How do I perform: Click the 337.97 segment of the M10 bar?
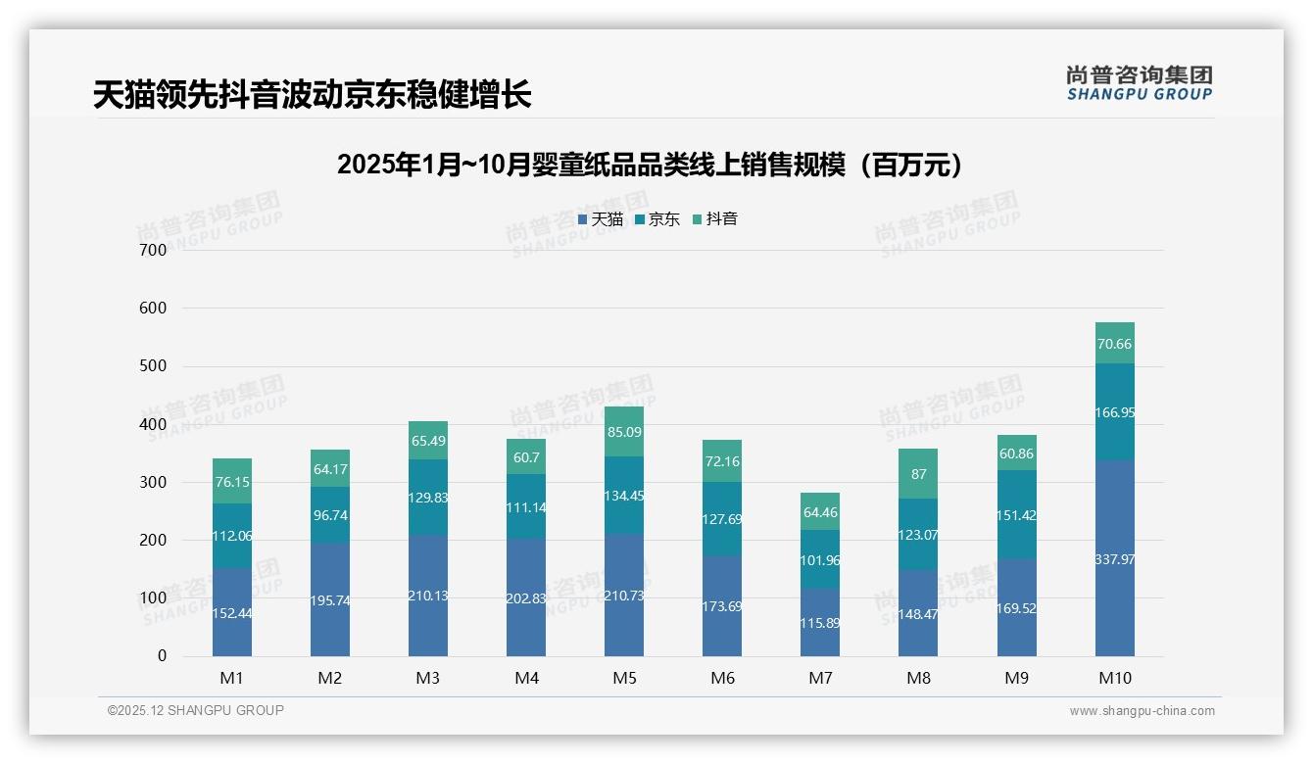[1114, 559]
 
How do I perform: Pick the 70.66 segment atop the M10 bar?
[1114, 344]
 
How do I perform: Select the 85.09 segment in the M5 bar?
[624, 431]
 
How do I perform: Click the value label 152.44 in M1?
[232, 613]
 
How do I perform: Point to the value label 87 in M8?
[918, 474]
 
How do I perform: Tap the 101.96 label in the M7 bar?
[820, 560]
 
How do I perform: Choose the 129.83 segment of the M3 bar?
[428, 498]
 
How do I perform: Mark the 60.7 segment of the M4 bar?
[526, 457]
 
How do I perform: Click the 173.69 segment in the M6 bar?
[722, 606]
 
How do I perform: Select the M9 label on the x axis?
[1016, 678]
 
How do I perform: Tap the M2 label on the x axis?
[330, 678]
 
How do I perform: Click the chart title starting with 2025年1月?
[650, 165]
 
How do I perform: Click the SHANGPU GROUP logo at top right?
[1139, 83]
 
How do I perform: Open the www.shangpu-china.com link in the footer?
[1142, 711]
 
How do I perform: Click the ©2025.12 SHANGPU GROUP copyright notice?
[196, 710]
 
